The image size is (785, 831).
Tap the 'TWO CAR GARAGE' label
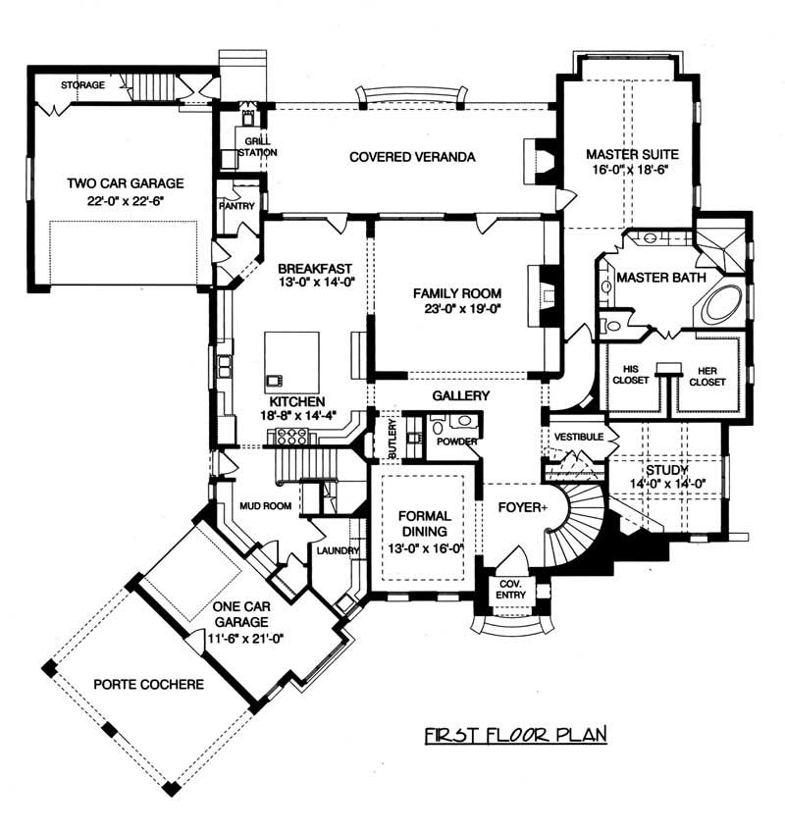126,183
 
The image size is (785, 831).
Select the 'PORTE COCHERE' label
149,684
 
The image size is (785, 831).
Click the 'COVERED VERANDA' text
411,157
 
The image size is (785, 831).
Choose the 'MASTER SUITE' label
627,154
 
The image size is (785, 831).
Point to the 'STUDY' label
666,471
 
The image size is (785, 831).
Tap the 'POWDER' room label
457,441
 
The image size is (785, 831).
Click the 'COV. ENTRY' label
510,589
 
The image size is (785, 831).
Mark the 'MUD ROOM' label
262,508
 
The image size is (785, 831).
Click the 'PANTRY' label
238,206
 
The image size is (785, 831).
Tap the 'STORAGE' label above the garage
82,85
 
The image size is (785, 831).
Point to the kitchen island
291,360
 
